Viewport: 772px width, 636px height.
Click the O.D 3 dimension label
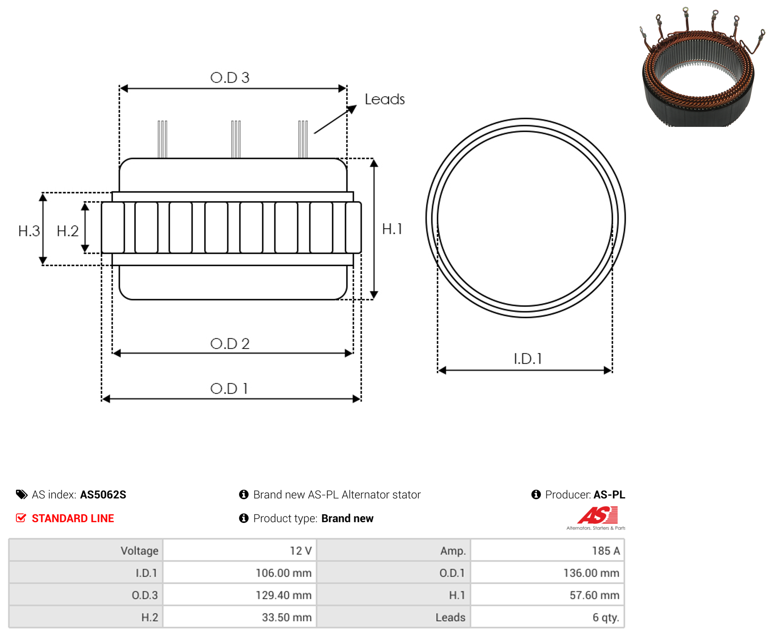pyautogui.click(x=230, y=78)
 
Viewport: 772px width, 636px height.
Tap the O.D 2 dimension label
pyautogui.click(x=230, y=344)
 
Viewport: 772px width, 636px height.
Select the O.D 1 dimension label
pyautogui.click(x=229, y=389)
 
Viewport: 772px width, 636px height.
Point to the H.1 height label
pyautogui.click(x=392, y=229)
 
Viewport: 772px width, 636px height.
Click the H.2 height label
pyautogui.click(x=68, y=231)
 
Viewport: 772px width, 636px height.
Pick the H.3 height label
pyautogui.click(x=29, y=231)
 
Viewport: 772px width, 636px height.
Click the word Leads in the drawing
pyautogui.click(x=385, y=99)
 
